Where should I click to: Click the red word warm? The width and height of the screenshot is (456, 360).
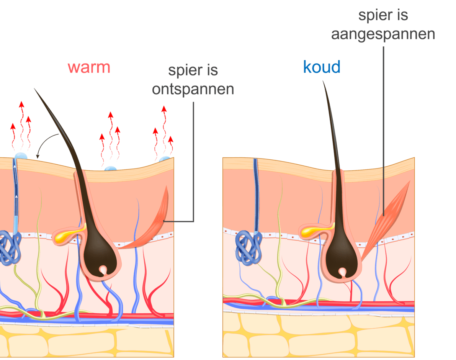[89, 67]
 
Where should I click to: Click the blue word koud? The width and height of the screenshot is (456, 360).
[322, 67]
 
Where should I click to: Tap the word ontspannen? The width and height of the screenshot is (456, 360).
[193, 89]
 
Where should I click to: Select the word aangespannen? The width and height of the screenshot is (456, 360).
[383, 34]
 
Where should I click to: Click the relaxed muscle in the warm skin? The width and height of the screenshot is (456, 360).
[153, 226]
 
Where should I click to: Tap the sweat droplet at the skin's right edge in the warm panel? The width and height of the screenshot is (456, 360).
[165, 159]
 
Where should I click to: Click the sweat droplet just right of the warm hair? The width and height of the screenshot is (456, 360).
[110, 169]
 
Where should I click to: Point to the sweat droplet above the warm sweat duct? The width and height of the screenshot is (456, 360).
[21, 156]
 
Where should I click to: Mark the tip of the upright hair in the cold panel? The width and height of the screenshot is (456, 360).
[323, 82]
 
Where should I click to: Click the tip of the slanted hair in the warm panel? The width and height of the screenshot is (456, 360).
[35, 89]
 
